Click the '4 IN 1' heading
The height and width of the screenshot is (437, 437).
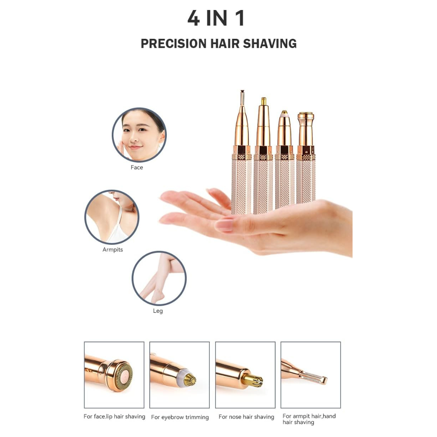click(216, 18)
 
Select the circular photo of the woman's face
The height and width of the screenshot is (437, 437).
click(139, 135)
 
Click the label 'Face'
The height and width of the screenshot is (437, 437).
click(137, 167)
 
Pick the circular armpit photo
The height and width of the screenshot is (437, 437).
click(112, 217)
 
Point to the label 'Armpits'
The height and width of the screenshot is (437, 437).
click(113, 249)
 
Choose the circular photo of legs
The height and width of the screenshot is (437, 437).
click(159, 278)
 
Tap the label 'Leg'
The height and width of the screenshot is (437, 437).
click(158, 311)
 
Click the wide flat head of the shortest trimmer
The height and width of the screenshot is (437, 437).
click(306, 115)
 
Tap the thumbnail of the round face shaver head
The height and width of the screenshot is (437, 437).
click(114, 375)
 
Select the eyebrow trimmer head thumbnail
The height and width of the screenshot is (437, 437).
click(179, 375)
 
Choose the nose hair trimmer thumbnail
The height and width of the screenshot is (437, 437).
click(245, 375)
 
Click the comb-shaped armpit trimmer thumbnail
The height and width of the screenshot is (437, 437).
click(311, 375)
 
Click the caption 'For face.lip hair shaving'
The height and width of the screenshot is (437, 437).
click(114, 417)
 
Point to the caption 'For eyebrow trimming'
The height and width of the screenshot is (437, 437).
click(180, 417)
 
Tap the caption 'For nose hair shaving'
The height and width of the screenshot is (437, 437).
click(246, 417)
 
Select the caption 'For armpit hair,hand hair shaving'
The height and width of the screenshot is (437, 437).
click(309, 419)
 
